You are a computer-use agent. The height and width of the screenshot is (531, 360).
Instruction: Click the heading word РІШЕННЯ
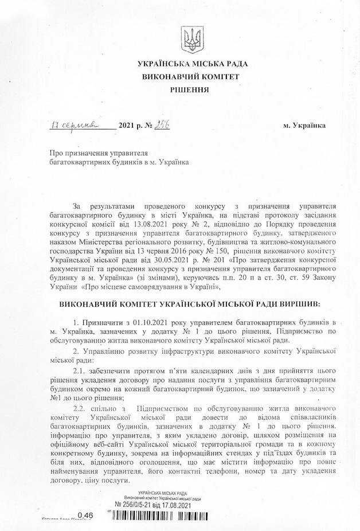point(189,90)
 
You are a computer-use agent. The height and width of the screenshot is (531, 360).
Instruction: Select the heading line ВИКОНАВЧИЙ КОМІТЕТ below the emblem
point(189,76)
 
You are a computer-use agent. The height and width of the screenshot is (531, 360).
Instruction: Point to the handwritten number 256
point(165,124)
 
